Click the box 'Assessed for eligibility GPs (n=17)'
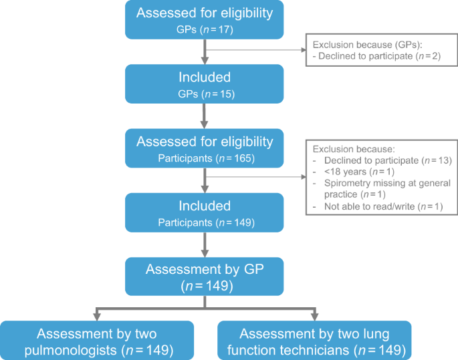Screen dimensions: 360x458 click(x=205, y=19)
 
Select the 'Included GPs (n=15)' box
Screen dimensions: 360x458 click(x=205, y=83)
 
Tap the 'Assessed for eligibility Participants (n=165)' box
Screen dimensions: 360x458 click(x=205, y=149)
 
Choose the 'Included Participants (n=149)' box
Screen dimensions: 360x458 click(x=205, y=213)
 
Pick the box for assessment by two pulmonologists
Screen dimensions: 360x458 click(x=97, y=341)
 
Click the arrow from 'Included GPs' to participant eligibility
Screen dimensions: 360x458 click(x=205, y=115)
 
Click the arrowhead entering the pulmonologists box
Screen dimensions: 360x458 click(x=97, y=316)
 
